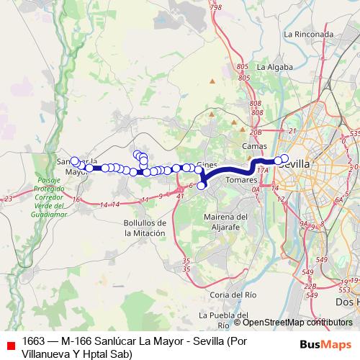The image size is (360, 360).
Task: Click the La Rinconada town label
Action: coord(308,34)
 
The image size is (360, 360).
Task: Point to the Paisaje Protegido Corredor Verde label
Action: coord(48,197)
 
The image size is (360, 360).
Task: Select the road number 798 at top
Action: coord(216,7)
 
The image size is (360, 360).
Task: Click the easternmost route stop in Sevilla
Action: coord(284,158)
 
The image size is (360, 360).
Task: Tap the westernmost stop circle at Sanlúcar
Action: coord(74,161)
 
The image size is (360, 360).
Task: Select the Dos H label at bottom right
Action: coord(347,303)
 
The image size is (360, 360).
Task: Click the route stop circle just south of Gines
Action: coord(202,185)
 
